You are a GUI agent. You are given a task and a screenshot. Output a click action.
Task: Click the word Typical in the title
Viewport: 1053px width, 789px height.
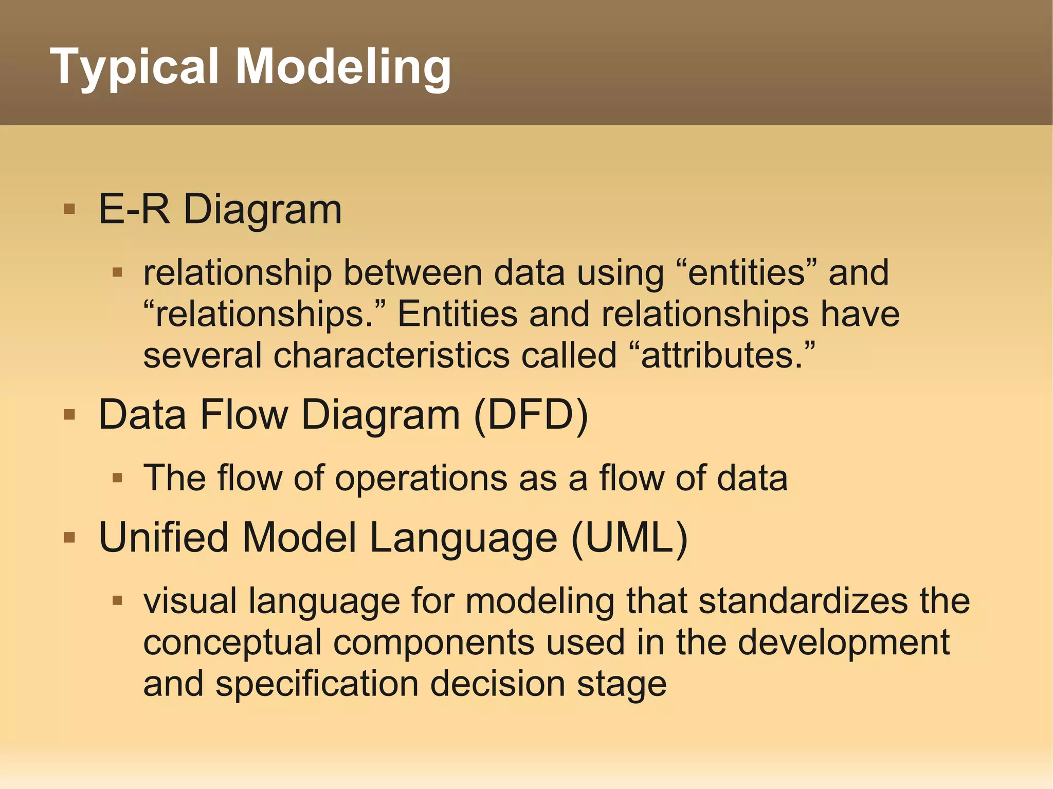coord(136,67)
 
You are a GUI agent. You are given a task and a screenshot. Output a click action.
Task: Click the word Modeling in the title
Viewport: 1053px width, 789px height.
coord(343,67)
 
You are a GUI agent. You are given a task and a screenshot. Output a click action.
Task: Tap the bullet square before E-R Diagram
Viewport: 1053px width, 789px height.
coord(69,209)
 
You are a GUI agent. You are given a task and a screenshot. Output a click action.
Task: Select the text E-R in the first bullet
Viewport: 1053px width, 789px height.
coord(134,209)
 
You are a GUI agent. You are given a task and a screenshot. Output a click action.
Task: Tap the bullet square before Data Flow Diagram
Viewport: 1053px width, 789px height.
coord(69,414)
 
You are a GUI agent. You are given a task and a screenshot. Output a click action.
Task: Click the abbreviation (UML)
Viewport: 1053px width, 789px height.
coord(629,538)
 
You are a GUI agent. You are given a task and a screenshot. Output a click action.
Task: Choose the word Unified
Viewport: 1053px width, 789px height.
coord(164,538)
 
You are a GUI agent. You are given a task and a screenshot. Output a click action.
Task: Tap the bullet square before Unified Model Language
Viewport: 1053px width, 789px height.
coord(69,538)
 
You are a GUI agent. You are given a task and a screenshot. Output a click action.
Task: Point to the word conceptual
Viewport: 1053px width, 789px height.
coord(232,643)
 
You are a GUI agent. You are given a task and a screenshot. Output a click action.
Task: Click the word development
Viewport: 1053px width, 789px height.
coord(843,643)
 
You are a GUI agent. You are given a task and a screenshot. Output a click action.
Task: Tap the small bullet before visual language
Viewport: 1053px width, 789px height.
coord(117,600)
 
